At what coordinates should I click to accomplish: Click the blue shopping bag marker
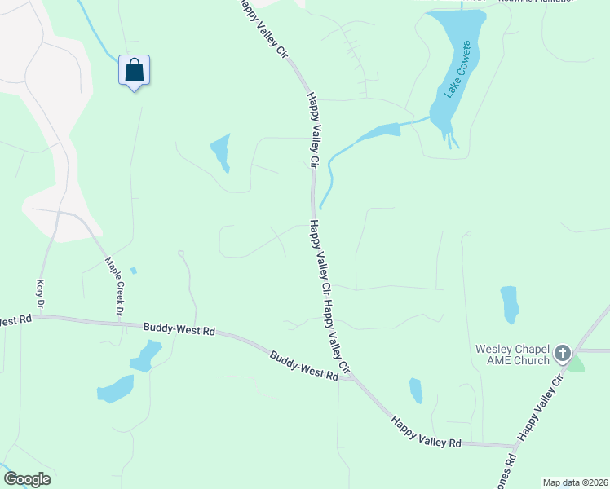[135, 71]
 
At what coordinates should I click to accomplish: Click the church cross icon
[562, 354]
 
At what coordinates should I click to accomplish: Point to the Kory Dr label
[39, 293]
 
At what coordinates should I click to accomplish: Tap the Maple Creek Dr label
[113, 288]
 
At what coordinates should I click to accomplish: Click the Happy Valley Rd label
[426, 432]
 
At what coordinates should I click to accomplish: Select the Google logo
[27, 479]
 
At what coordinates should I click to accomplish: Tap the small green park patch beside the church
[577, 363]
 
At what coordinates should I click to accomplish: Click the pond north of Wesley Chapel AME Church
[510, 304]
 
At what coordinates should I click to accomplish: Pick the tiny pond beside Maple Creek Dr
[134, 271]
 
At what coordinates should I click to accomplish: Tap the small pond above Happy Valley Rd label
[416, 390]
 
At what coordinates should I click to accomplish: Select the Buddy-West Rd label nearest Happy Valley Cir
[303, 366]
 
